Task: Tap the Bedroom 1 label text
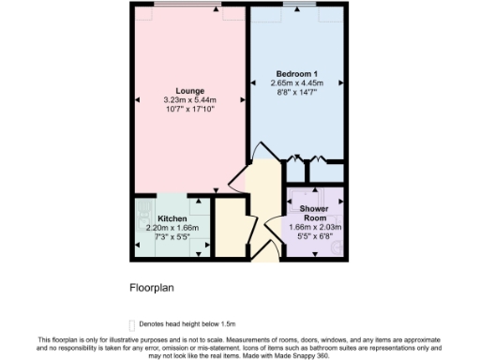pos(296,73)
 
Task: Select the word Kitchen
pos(159,218)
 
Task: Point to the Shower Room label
pos(314,212)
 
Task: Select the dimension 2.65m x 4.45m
pos(296,82)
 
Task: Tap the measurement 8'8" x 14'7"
pos(296,92)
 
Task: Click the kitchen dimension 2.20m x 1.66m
pos(159,228)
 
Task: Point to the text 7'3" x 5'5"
pos(159,237)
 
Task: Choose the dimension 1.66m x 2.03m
pos(315,227)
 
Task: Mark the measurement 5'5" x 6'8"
pos(315,236)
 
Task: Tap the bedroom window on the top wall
pos(298,6)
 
